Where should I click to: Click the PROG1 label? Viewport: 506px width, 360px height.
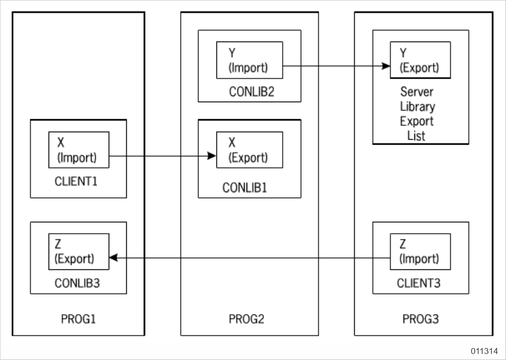78,318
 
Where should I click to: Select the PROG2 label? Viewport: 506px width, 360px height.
249,318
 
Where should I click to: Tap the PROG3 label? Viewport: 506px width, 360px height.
420,318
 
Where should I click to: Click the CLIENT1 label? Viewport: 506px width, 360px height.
78,180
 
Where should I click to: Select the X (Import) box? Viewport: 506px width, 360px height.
79,150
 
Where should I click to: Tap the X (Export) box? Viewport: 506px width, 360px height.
249,150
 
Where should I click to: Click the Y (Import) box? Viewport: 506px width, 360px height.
249,60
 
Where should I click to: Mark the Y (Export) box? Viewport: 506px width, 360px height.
420,60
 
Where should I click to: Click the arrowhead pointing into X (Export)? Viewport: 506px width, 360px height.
212,157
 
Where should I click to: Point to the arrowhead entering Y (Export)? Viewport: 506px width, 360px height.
386,66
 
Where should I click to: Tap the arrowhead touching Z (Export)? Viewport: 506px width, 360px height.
113,257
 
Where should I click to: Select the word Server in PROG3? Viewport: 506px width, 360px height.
417,92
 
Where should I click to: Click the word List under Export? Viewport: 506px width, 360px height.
417,135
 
